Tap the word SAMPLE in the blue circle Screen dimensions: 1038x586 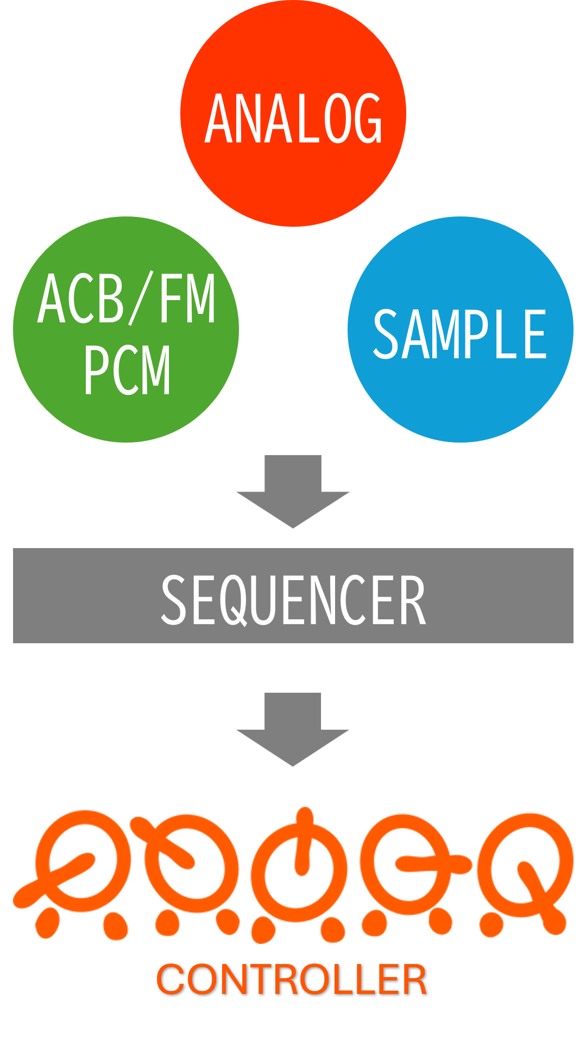(459, 334)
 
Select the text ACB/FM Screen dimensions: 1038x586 (127, 299)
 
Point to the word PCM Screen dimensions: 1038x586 (127, 370)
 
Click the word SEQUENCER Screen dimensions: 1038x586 (293, 600)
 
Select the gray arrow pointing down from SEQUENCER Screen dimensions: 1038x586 (293, 729)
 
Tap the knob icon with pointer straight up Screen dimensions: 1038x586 (302, 865)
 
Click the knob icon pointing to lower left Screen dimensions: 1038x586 (81, 865)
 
